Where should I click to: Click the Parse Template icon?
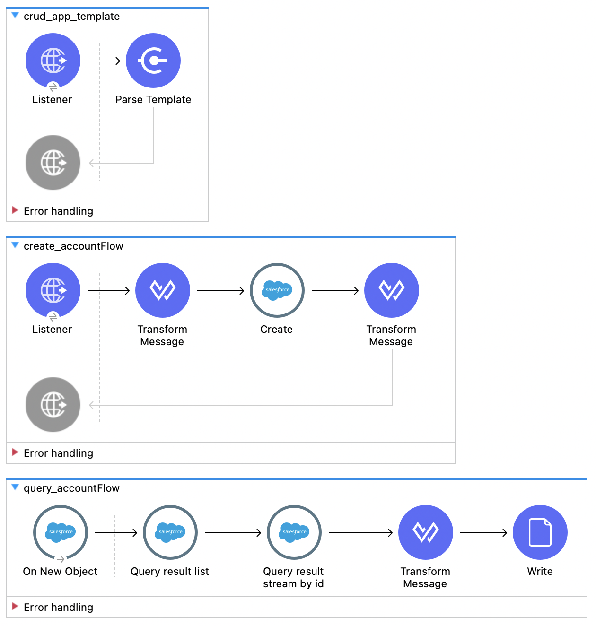click(x=153, y=61)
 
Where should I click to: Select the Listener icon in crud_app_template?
click(x=53, y=61)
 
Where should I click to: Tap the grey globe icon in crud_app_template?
click(x=53, y=163)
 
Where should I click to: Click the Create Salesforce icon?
click(x=277, y=290)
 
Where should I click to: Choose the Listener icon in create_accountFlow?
click(x=53, y=290)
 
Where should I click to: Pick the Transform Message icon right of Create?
click(x=392, y=290)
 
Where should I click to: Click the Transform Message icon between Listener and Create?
click(x=163, y=290)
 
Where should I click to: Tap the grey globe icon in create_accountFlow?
click(x=53, y=405)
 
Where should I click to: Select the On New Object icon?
click(x=61, y=532)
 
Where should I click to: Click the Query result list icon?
click(x=170, y=532)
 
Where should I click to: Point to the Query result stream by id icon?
click(x=294, y=532)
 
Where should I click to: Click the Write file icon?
click(x=540, y=532)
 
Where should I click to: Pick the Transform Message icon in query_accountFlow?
click(x=426, y=532)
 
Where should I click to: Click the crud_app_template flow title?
click(x=71, y=17)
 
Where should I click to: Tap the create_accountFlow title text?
click(x=73, y=246)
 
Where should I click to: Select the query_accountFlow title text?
click(x=71, y=488)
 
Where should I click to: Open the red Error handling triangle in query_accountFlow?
click(x=15, y=606)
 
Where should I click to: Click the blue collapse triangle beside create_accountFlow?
click(x=15, y=245)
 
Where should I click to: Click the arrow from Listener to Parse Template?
click(x=104, y=61)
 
